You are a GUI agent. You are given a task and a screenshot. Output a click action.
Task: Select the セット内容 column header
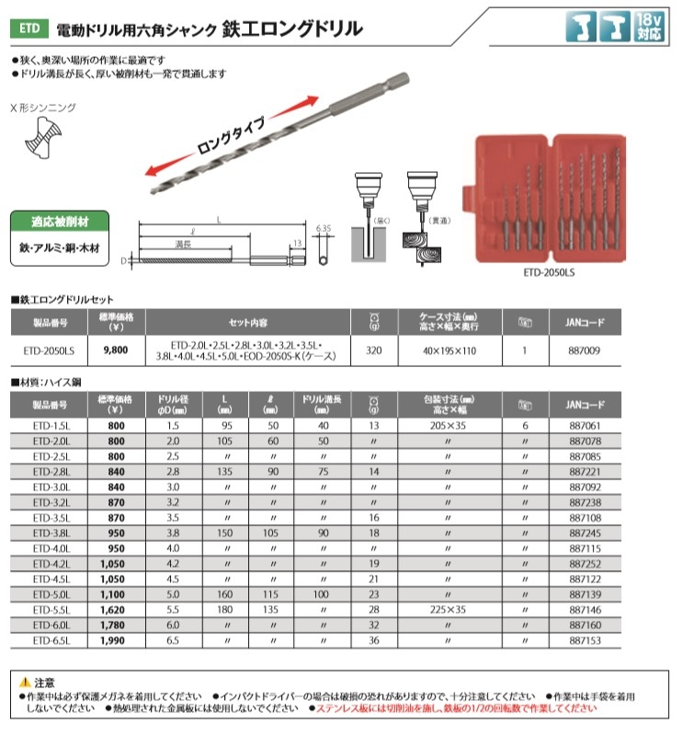248,323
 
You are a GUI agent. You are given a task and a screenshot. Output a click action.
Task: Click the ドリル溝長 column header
322,403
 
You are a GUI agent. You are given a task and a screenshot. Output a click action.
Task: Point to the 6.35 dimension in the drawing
322,226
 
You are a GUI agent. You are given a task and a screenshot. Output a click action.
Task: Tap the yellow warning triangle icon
25,683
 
